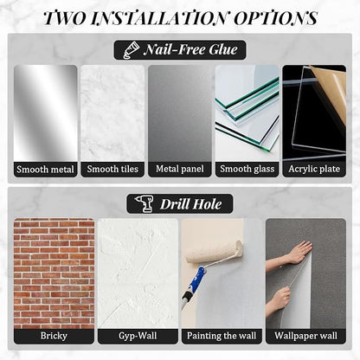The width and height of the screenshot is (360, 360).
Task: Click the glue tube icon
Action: (x=131, y=49)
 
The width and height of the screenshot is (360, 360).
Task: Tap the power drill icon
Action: (x=145, y=203)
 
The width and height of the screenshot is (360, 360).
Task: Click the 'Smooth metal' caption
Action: (x=45, y=170)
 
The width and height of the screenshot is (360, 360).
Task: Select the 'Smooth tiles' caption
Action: (x=112, y=169)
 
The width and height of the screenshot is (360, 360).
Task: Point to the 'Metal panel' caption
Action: (x=180, y=169)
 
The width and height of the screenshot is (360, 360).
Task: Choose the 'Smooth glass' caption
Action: (x=247, y=169)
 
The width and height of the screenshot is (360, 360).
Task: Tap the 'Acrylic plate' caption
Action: (x=314, y=169)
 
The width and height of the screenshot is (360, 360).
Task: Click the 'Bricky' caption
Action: (x=54, y=336)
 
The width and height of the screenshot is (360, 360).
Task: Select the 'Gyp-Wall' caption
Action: (x=138, y=336)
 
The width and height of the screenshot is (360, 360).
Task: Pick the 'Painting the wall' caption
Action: (x=222, y=336)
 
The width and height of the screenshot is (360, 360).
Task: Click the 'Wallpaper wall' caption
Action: (x=305, y=336)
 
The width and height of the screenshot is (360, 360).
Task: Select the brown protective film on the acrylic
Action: (x=331, y=93)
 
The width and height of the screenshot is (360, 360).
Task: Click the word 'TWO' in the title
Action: (x=66, y=18)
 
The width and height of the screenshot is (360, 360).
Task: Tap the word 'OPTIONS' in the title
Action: (x=275, y=18)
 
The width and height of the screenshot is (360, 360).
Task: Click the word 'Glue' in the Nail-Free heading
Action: (x=223, y=49)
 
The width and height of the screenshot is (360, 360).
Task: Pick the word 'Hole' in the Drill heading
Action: (x=207, y=204)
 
